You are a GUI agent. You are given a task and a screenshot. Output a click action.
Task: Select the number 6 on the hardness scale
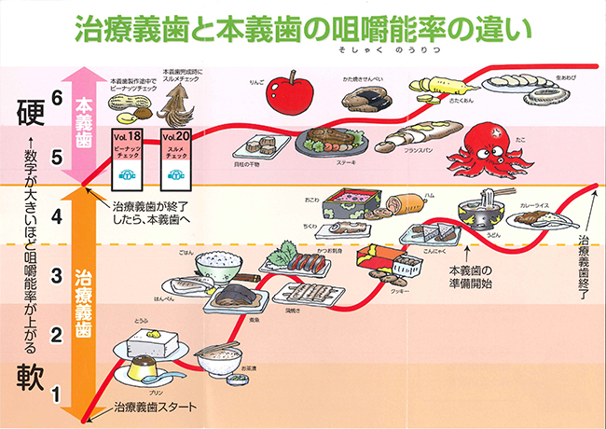(x=56, y=98)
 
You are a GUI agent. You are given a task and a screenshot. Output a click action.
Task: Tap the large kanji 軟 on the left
(x=29, y=376)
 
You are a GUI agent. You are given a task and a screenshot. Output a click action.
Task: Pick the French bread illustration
(x=407, y=138)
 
